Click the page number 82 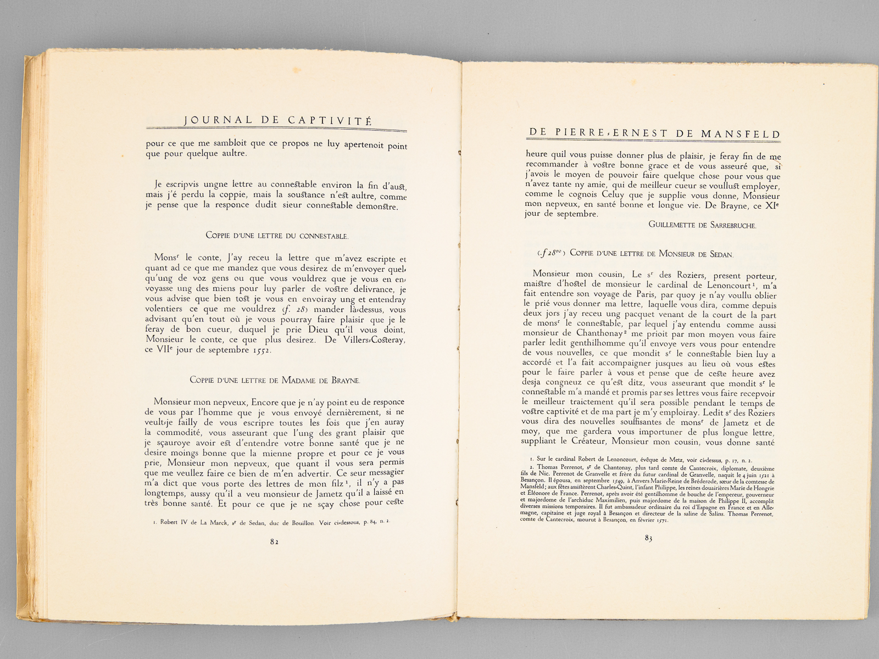tap(274, 541)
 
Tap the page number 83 tap(648, 539)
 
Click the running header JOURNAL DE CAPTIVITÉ tap(277, 120)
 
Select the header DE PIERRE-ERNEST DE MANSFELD tap(654, 133)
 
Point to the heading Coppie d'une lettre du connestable tap(276, 236)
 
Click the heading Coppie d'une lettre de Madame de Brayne tap(275, 379)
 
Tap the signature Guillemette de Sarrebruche tap(702, 225)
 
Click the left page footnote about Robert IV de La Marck tap(272, 522)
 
